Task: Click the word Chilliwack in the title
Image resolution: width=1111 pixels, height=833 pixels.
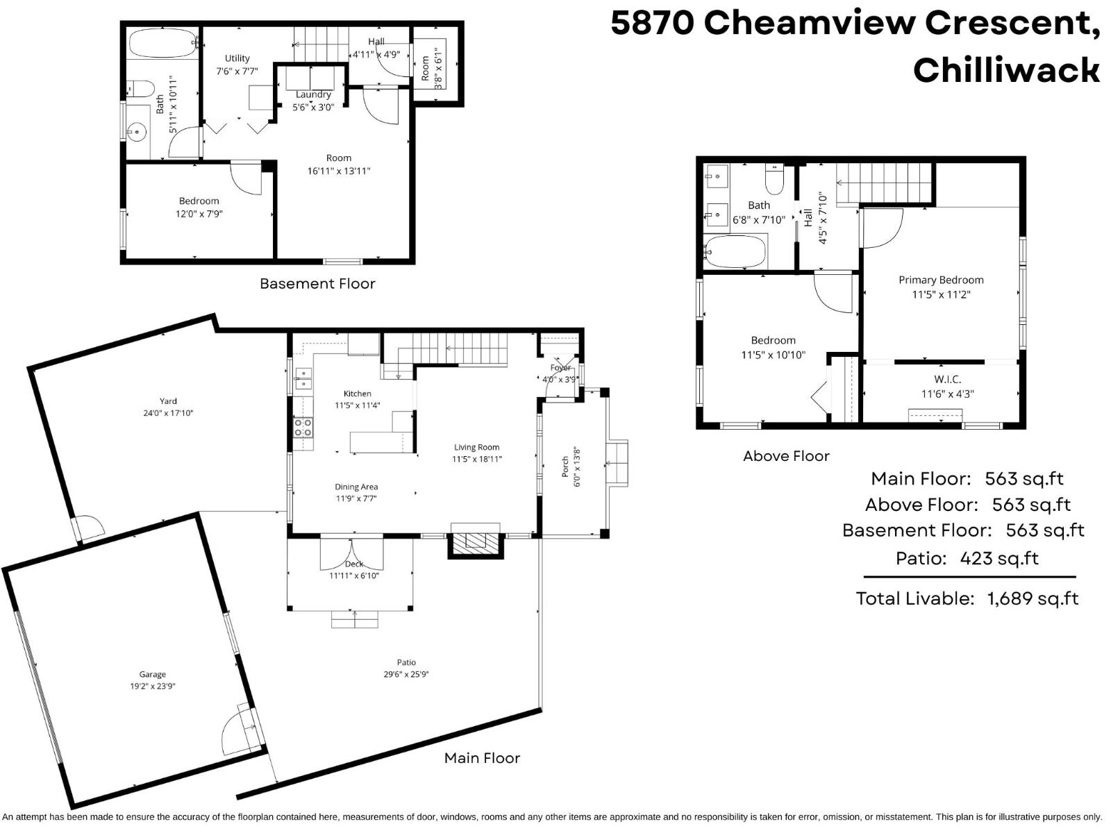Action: [x=1006, y=70]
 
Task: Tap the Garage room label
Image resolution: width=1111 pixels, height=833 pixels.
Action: [x=152, y=674]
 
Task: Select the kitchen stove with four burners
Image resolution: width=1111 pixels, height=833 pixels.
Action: [x=303, y=427]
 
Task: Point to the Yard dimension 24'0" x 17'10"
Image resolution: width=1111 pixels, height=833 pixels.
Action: [x=167, y=413]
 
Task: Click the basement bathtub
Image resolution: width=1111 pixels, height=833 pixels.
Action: [x=163, y=43]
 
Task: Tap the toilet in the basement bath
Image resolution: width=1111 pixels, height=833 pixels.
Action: [x=141, y=89]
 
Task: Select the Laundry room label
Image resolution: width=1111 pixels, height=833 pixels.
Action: [x=313, y=94]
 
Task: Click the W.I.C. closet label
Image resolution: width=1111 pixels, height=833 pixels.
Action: [x=947, y=379]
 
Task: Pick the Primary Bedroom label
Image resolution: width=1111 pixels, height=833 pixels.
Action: [x=941, y=280]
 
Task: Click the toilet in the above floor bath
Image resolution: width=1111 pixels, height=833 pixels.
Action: [x=774, y=179]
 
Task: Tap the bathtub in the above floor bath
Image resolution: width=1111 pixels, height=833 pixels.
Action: [x=736, y=251]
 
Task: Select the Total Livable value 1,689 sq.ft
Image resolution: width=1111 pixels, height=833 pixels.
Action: [x=1033, y=598]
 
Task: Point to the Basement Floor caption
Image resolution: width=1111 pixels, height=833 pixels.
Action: [x=317, y=283]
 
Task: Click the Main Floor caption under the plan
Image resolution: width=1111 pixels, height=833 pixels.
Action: [x=482, y=758]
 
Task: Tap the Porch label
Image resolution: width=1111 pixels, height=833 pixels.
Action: [x=565, y=466]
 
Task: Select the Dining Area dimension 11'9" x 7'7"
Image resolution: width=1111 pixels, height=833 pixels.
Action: [x=356, y=498]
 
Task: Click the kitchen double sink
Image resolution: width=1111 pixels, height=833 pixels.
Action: [x=303, y=379]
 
